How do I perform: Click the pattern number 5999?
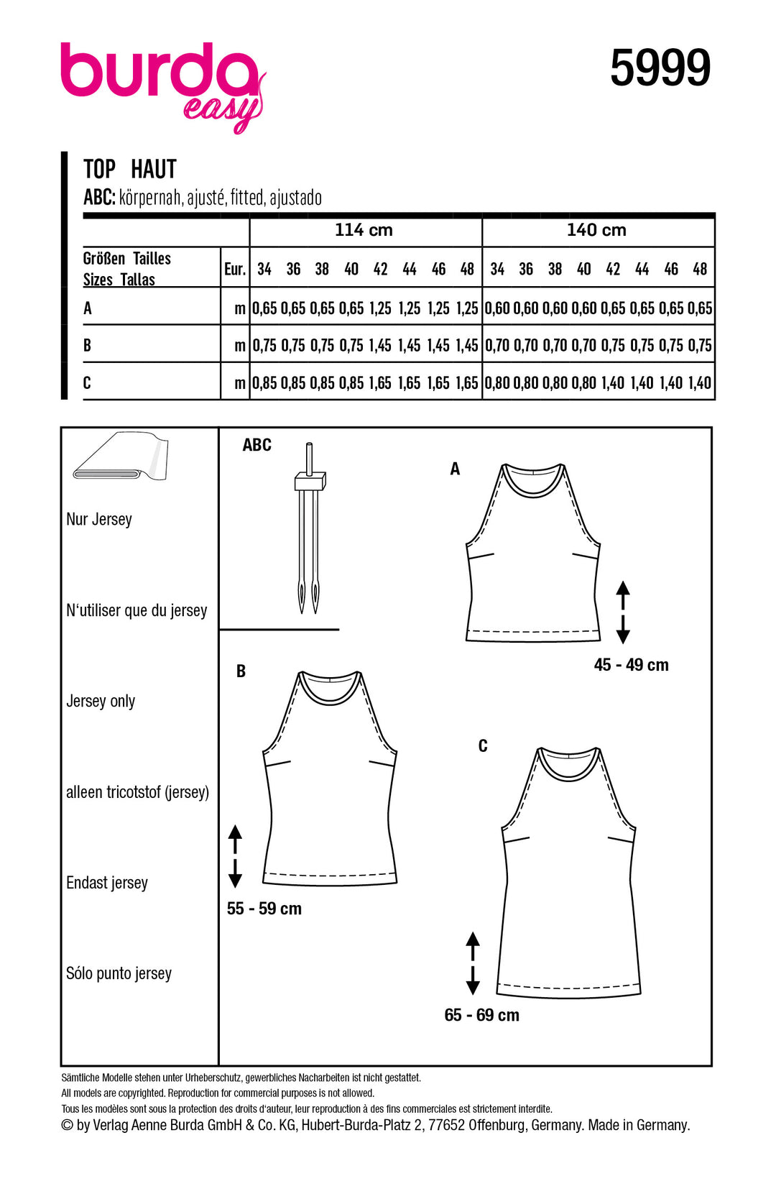[x=660, y=68]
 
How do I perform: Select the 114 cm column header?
[x=364, y=230]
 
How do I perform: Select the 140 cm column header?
[x=596, y=230]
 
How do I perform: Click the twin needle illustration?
[x=309, y=532]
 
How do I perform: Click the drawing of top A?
[x=532, y=554]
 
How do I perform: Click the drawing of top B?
[x=330, y=776]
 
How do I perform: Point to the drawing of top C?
[x=568, y=870]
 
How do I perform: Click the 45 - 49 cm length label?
[x=631, y=665]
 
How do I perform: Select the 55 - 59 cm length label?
[x=264, y=909]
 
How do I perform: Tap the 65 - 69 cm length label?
[x=481, y=1015]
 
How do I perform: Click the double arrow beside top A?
[x=623, y=612]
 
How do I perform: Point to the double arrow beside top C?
[x=473, y=963]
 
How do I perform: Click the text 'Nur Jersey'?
[x=99, y=519]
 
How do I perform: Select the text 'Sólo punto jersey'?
[x=119, y=973]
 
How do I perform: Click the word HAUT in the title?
[x=154, y=170]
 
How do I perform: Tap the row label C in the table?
[x=87, y=382]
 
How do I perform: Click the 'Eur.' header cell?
[x=235, y=269]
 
